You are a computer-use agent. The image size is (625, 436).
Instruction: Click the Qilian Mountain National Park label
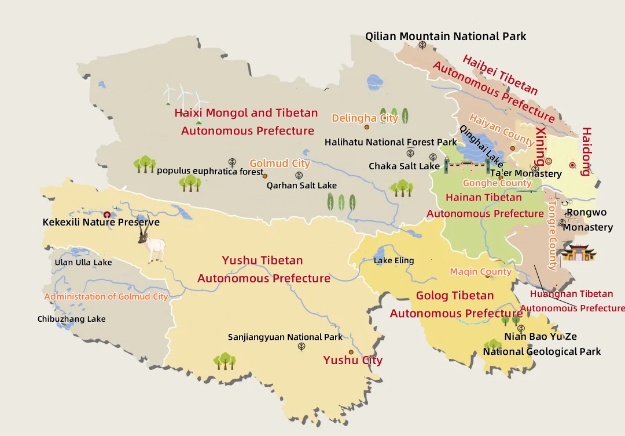pyautogui.click(x=445, y=37)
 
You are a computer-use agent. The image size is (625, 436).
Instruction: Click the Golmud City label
pyautogui.click(x=280, y=163)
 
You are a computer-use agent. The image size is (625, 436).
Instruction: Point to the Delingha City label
pyautogui.click(x=365, y=118)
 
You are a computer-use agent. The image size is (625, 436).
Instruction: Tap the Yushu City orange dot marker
pyautogui.click(x=351, y=352)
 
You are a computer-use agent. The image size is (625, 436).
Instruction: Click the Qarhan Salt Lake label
pyautogui.click(x=302, y=186)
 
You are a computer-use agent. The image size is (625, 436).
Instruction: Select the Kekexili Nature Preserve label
pyautogui.click(x=101, y=222)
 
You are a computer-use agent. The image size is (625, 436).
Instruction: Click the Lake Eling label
pyautogui.click(x=394, y=260)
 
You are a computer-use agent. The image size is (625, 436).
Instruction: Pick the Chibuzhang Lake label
pyautogui.click(x=71, y=319)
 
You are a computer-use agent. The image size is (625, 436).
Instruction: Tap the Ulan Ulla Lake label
pyautogui.click(x=83, y=262)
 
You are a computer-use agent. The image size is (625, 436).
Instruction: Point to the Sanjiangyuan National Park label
pyautogui.click(x=285, y=337)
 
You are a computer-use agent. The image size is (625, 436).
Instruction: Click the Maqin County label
pyautogui.click(x=480, y=271)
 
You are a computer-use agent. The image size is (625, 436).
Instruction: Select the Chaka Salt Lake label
pyautogui.click(x=404, y=166)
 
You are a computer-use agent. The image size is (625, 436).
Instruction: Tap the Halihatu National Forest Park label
pyautogui.click(x=390, y=142)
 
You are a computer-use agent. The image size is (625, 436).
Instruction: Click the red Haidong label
pyautogui.click(x=586, y=151)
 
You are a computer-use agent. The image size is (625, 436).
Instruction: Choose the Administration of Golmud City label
pyautogui.click(x=106, y=296)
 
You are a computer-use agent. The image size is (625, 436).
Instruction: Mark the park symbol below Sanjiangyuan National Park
pyautogui.click(x=302, y=347)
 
